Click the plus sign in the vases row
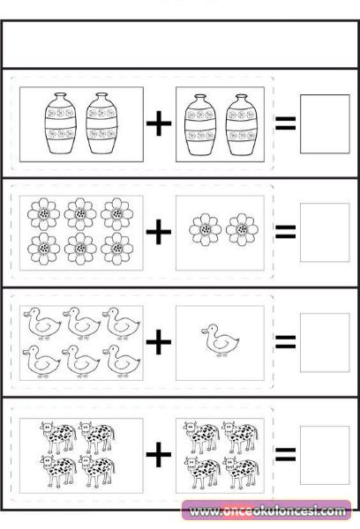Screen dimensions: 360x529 click(159, 123)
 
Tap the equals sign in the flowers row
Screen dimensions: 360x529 click(285, 232)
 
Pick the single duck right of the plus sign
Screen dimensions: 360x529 click(221, 340)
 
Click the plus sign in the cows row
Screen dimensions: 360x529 click(159, 454)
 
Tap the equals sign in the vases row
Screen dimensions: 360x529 click(285, 123)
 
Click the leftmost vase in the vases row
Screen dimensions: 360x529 click(61, 123)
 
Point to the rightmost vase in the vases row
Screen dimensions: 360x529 click(242, 124)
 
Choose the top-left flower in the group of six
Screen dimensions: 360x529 click(43, 214)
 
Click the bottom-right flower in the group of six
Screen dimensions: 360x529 click(116, 249)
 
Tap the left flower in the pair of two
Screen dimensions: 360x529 click(205, 229)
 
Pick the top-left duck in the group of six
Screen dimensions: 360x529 click(41, 324)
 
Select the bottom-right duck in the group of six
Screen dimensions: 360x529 click(121, 361)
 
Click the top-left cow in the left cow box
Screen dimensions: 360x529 click(58, 437)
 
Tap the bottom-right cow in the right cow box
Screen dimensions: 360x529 click(241, 473)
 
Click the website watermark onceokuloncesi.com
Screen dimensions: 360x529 click(267, 511)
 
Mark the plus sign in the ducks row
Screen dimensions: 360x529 click(159, 342)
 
